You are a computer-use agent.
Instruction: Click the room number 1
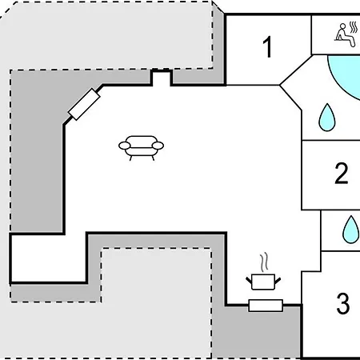(x=268, y=47)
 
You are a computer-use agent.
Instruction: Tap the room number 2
(x=342, y=173)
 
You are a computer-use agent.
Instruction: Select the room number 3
(x=343, y=303)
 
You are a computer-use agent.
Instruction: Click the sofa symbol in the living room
(x=141, y=148)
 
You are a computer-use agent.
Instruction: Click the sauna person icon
(x=346, y=35)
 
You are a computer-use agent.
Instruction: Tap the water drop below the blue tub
(x=327, y=118)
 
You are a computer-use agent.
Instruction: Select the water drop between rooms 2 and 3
(x=350, y=230)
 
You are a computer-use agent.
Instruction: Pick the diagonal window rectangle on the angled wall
(x=84, y=104)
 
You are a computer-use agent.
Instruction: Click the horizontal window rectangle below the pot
(x=266, y=306)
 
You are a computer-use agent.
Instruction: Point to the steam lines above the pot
(x=264, y=262)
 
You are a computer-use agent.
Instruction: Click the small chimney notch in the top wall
(x=161, y=78)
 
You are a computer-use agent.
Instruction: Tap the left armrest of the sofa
(x=125, y=146)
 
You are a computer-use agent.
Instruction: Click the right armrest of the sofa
(x=158, y=146)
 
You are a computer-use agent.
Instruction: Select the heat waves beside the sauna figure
(x=354, y=27)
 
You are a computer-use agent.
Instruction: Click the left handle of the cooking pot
(x=249, y=281)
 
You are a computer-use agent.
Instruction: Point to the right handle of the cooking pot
(x=278, y=281)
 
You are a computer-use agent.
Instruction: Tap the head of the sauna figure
(x=342, y=26)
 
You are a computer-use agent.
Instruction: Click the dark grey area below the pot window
(x=256, y=334)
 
